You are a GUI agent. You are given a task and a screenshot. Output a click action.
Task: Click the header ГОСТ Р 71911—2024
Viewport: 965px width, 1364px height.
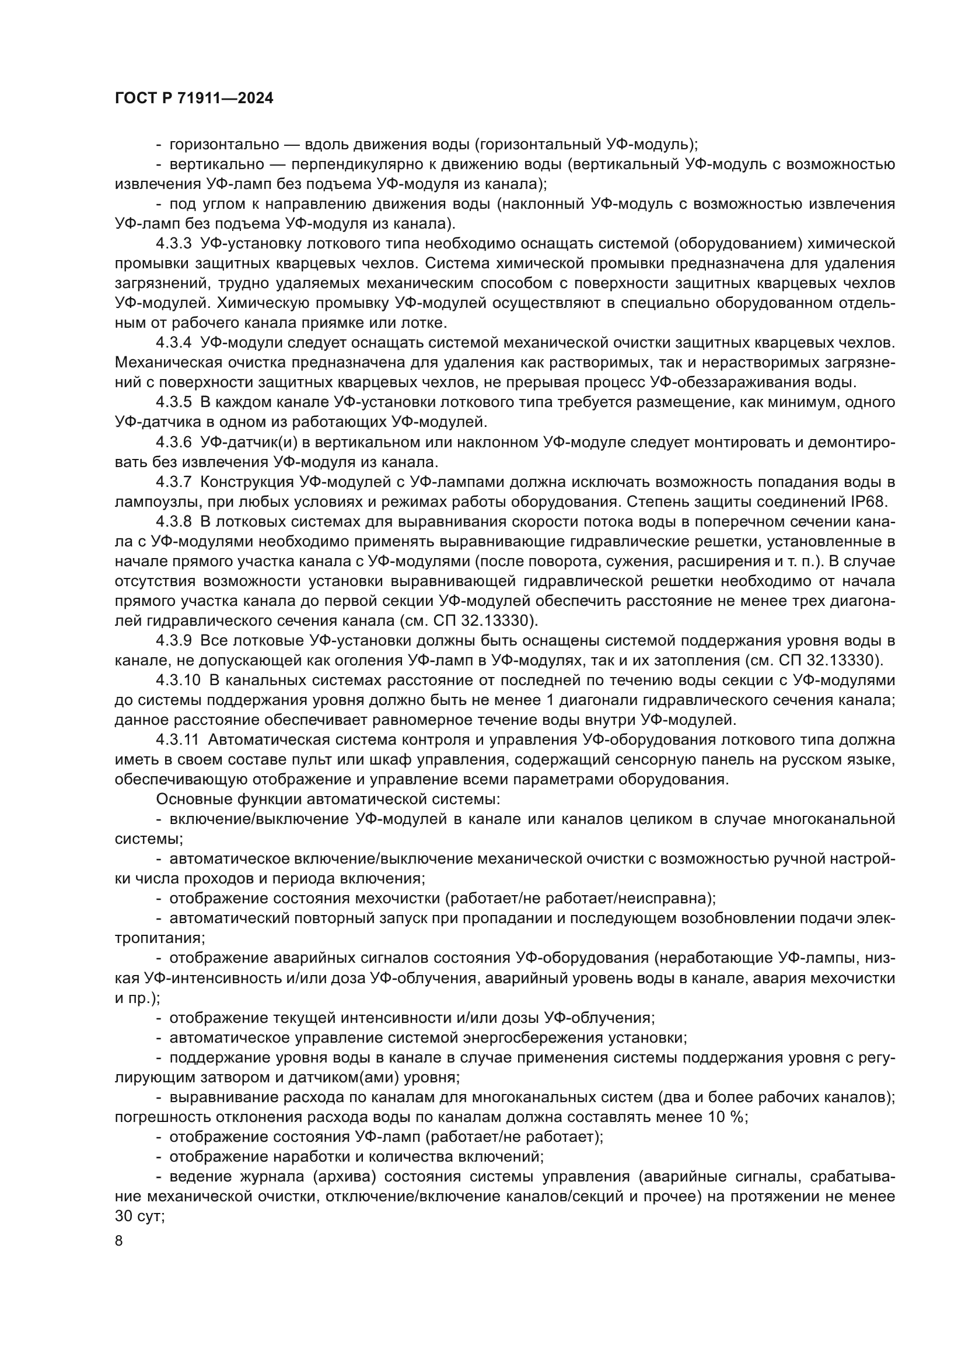(194, 99)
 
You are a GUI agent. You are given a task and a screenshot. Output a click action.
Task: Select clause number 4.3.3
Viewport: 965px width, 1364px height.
(173, 244)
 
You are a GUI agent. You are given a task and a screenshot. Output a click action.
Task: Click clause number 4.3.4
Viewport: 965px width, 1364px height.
(173, 343)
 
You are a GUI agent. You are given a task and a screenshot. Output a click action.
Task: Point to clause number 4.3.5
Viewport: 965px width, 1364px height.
(173, 402)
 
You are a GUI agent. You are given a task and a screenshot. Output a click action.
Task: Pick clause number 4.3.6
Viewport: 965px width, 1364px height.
(173, 442)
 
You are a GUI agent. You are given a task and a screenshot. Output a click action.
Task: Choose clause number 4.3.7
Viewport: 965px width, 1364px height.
(173, 482)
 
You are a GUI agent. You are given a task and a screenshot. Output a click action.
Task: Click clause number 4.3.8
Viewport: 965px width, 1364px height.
(173, 521)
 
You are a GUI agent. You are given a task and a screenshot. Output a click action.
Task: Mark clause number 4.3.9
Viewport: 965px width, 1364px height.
(173, 641)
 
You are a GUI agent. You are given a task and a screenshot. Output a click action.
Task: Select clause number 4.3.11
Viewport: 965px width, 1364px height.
(178, 740)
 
